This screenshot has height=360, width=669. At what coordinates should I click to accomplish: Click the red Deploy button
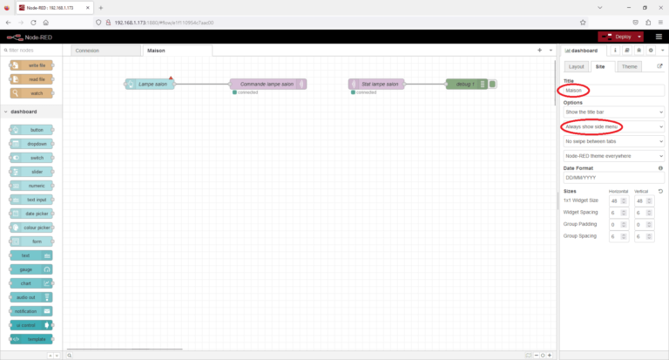pyautogui.click(x=618, y=37)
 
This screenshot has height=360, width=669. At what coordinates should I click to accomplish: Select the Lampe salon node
pyautogui.click(x=150, y=84)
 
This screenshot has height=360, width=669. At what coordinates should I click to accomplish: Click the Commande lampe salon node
pyautogui.click(x=267, y=84)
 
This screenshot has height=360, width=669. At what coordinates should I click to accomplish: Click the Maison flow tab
pyautogui.click(x=157, y=51)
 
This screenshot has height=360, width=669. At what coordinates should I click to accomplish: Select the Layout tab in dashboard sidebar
pyautogui.click(x=575, y=66)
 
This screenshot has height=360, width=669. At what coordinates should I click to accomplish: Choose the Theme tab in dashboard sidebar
pyautogui.click(x=629, y=66)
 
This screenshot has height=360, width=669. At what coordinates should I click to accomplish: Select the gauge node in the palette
pyautogui.click(x=31, y=268)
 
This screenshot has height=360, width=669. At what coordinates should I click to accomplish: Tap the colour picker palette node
pyautogui.click(x=31, y=227)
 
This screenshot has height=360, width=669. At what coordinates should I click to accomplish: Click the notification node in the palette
pyautogui.click(x=31, y=310)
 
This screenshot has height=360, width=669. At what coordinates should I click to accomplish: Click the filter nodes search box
pyautogui.click(x=33, y=51)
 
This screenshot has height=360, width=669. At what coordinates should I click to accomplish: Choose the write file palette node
pyautogui.click(x=31, y=65)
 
